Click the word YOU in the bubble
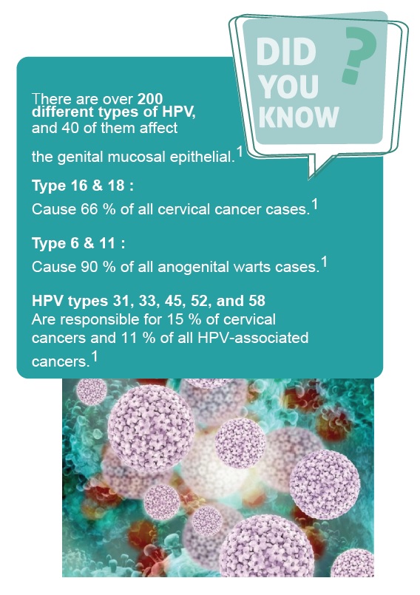(289, 86)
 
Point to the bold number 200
(150, 99)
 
